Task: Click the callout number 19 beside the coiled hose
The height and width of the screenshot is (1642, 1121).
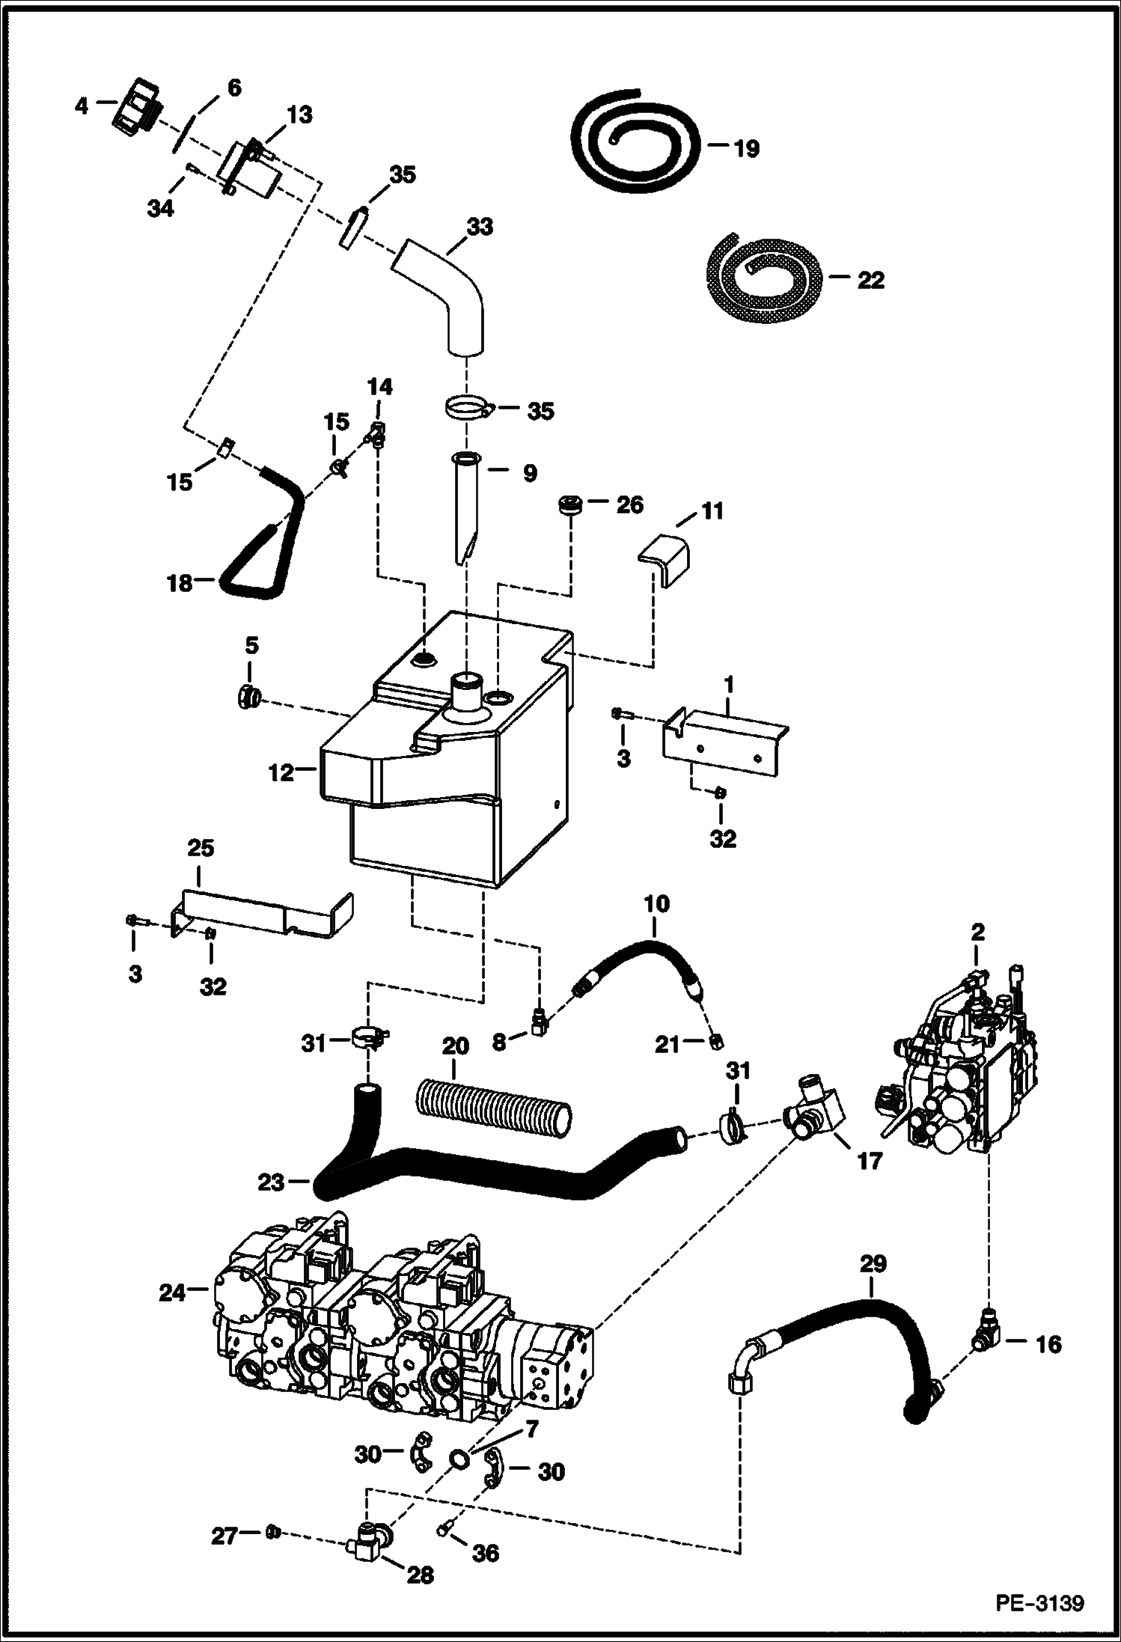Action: pos(746,148)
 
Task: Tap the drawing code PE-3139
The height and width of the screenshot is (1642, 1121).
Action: pos(1039,1604)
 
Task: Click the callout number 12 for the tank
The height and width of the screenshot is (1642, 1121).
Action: pos(281,772)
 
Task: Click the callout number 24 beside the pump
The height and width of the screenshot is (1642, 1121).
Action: pos(171,1292)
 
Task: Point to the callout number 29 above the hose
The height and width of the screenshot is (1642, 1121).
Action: pos(873,1263)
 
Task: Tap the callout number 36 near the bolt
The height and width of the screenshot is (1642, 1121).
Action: pos(486,1554)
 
